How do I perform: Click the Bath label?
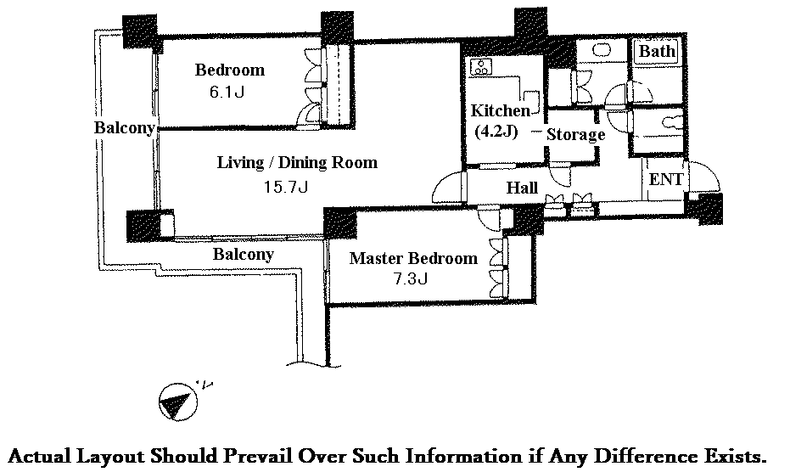pos(657,52)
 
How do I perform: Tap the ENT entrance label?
pos(666,180)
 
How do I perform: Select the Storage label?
pos(575,134)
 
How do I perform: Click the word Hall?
pos(522,188)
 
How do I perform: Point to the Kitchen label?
pos(500,111)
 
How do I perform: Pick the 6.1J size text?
pos(227,92)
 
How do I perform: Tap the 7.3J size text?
pos(412,278)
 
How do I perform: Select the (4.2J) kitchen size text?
pos(496,132)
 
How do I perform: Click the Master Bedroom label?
pos(413,258)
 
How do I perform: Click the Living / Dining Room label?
pos(297,162)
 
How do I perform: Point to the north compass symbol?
pos(176,402)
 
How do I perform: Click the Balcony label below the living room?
pos(243,254)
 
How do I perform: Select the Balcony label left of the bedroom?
pos(124,128)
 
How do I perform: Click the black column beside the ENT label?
pos(706,207)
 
